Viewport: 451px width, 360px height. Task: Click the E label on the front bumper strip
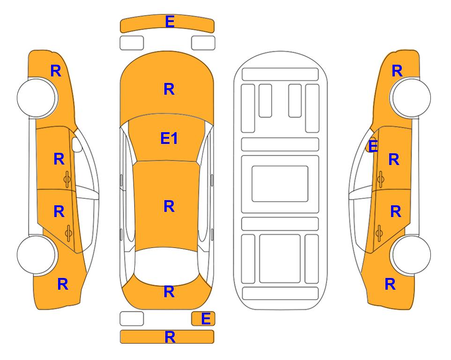pyautogui.click(x=170, y=22)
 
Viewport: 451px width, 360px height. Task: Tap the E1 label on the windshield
pyautogui.click(x=169, y=138)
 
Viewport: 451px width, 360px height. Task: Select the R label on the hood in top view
pyautogui.click(x=169, y=89)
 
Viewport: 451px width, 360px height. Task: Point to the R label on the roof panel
pyautogui.click(x=169, y=206)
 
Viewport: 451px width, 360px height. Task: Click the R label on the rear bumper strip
pyautogui.click(x=170, y=337)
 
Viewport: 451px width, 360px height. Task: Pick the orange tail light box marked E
pyautogui.click(x=203, y=319)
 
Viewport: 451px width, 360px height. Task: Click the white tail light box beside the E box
pyautogui.click(x=132, y=319)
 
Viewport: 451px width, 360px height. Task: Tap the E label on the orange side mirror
pyautogui.click(x=373, y=146)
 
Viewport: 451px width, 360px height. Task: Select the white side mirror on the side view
pyautogui.click(x=77, y=144)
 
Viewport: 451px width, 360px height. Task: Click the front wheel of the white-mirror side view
pyautogui.click(x=37, y=97)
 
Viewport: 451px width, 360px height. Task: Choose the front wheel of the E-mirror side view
pyautogui.click(x=410, y=97)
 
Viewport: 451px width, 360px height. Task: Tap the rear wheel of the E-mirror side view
pyautogui.click(x=410, y=255)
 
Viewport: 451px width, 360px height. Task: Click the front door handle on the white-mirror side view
pyautogui.click(x=67, y=179)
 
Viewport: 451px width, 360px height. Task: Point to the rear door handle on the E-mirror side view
pyautogui.click(x=379, y=233)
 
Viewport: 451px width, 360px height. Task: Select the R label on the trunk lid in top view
pyautogui.click(x=169, y=292)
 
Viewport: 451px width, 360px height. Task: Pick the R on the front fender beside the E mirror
pyautogui.click(x=397, y=71)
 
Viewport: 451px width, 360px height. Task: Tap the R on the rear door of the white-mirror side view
pyautogui.click(x=59, y=211)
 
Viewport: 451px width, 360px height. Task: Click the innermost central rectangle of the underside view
pyautogui.click(x=280, y=184)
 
